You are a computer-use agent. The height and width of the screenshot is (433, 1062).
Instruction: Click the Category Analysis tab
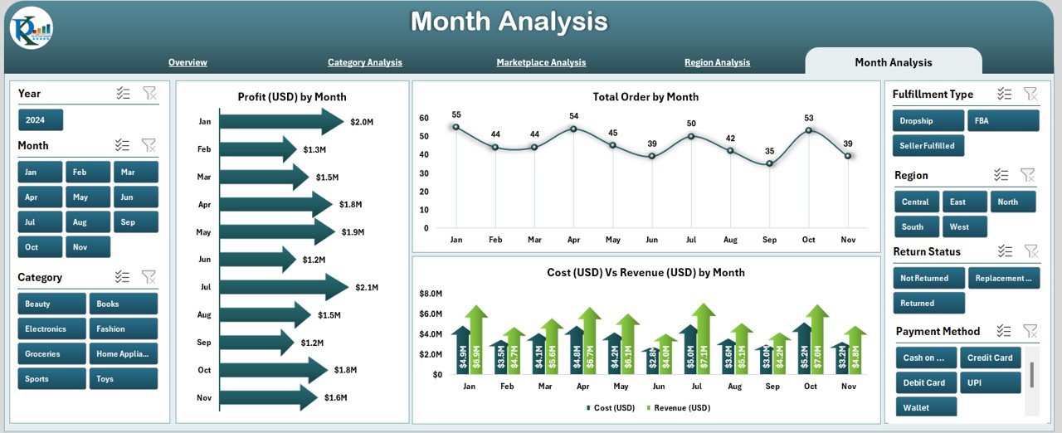pos(364,62)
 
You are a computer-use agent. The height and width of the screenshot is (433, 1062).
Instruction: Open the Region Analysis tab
pos(717,62)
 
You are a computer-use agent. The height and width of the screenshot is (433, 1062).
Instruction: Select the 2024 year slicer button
pos(40,120)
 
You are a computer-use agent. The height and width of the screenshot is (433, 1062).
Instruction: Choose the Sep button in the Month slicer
pos(136,222)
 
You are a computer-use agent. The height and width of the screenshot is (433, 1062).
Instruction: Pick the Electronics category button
pos(51,328)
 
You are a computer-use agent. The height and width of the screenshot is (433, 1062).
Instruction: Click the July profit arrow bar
pos(283,287)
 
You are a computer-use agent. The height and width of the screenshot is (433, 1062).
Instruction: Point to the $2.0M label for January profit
pos(361,122)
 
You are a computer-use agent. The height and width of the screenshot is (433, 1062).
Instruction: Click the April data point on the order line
pos(573,129)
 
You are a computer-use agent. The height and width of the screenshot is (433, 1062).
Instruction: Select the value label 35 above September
pos(770,151)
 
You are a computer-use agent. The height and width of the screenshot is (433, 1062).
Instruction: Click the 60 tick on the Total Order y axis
pos(424,118)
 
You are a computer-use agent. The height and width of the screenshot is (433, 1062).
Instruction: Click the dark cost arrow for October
pos(801,348)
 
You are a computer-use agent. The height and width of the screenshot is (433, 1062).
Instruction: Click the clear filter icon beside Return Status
pos(1030,251)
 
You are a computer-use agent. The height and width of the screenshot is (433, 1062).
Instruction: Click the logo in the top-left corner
pos(32,29)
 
